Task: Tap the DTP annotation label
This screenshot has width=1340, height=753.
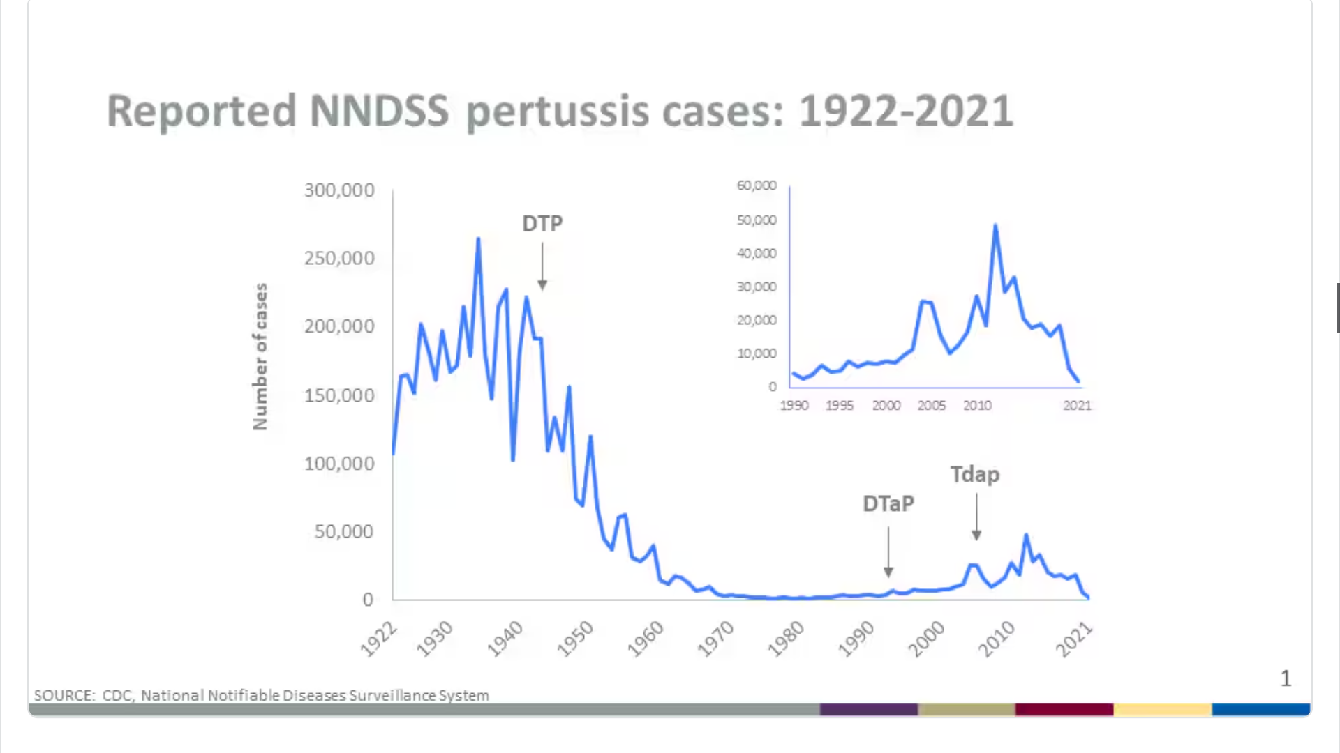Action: pyautogui.click(x=542, y=224)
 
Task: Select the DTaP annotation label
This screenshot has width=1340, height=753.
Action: pyautogui.click(x=888, y=503)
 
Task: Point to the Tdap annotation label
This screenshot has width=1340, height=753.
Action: pyautogui.click(x=975, y=475)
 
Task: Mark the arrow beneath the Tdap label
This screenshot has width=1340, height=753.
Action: pyautogui.click(x=976, y=517)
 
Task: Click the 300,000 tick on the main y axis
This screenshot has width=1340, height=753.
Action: pyautogui.click(x=339, y=190)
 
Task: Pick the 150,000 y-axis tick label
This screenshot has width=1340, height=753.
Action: pyautogui.click(x=339, y=395)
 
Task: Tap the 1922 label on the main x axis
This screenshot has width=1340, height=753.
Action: pyautogui.click(x=378, y=639)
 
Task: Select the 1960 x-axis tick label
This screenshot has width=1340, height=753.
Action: pyautogui.click(x=646, y=639)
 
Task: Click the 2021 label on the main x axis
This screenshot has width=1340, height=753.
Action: pyautogui.click(x=1073, y=639)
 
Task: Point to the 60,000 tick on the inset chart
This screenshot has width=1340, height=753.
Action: pyautogui.click(x=757, y=185)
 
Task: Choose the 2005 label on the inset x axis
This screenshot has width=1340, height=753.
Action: pyautogui.click(x=932, y=406)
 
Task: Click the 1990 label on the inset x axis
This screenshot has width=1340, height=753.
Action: pyautogui.click(x=794, y=406)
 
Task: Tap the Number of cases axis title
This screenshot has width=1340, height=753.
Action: pyautogui.click(x=260, y=356)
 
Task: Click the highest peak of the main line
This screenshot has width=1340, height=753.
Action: pyautogui.click(x=478, y=239)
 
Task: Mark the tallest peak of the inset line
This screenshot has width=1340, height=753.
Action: pyautogui.click(x=995, y=225)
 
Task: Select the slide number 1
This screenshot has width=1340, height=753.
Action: pyautogui.click(x=1286, y=678)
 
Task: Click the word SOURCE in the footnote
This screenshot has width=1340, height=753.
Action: pyautogui.click(x=64, y=696)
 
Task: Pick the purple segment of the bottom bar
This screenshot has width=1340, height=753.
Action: pyautogui.click(x=868, y=710)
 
